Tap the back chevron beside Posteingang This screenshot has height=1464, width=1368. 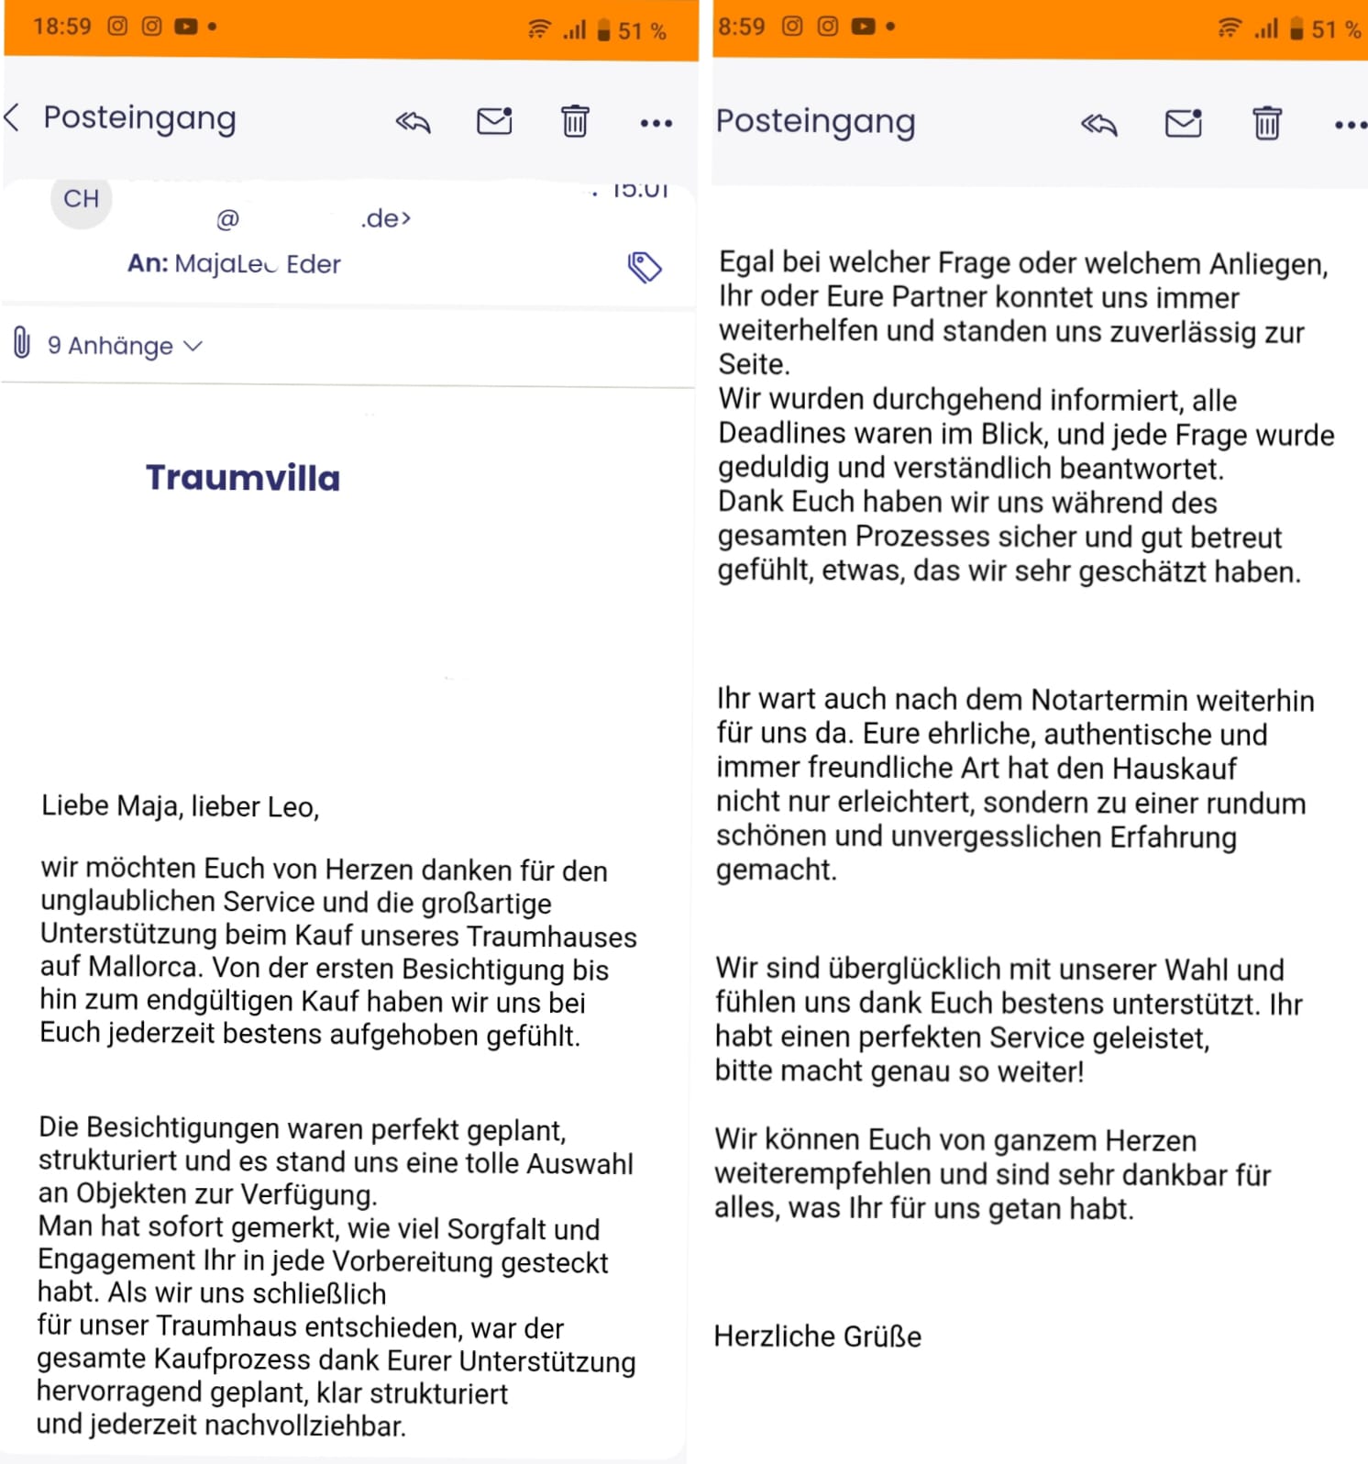[12, 118]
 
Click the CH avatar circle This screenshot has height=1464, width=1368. [81, 199]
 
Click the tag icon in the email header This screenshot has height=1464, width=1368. [644, 267]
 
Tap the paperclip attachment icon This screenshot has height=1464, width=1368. [22, 344]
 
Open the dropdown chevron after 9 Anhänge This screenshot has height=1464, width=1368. [193, 346]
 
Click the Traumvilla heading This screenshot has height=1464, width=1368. [243, 478]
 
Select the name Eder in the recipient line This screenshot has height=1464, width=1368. [314, 264]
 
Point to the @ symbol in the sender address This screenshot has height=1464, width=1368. [227, 219]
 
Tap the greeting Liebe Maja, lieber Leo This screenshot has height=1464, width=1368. [180, 806]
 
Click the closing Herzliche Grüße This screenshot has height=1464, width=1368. [817, 1336]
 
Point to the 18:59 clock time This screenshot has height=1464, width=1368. [62, 27]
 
